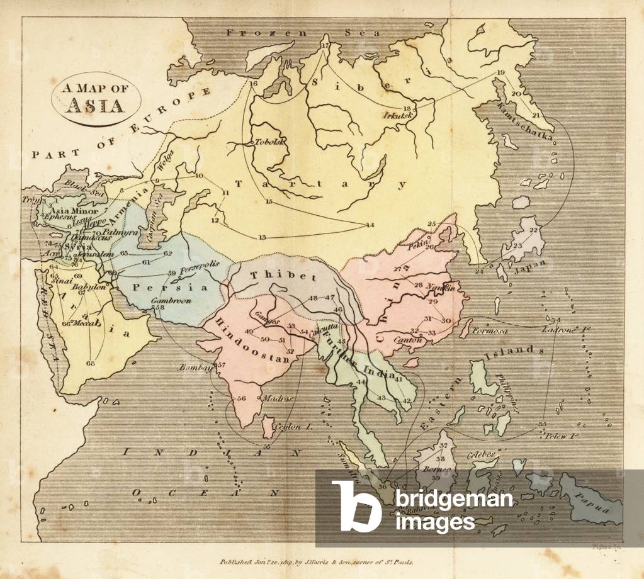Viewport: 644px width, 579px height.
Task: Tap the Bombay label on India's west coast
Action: click(x=195, y=367)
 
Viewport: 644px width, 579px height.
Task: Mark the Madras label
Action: click(x=276, y=399)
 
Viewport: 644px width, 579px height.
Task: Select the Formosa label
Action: click(x=489, y=330)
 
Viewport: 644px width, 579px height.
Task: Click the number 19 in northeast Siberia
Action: click(x=500, y=72)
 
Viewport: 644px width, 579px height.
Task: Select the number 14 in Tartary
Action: click(x=370, y=225)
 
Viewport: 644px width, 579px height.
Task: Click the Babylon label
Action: click(x=91, y=283)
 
